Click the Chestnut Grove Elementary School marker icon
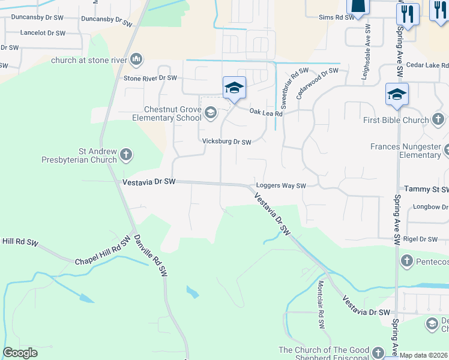211,112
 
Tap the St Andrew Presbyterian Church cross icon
125,155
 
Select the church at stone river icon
136,59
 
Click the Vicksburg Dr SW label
226,142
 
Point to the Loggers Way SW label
281,186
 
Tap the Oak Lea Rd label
266,112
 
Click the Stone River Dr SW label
150,78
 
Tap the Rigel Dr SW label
421,239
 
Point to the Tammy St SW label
426,189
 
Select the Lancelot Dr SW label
43,33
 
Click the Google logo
20,353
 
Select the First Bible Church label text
396,120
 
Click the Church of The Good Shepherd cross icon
378,352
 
